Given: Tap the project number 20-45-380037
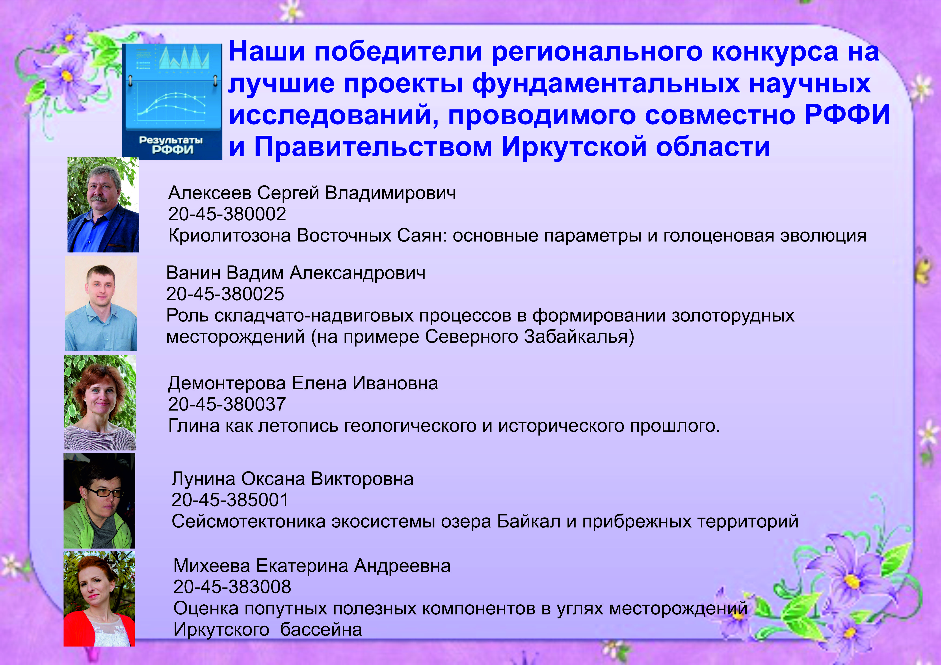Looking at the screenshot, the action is point(227,404).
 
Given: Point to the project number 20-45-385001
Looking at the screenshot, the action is point(230,500).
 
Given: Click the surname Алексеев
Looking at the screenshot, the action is point(210,193).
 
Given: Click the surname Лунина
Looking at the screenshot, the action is point(203,479).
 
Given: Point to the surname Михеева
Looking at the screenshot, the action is point(212,566).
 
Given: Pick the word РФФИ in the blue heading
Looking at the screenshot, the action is point(848,115).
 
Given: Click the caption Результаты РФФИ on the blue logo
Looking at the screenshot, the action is point(171,145).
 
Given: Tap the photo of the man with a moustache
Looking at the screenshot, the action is point(103,205).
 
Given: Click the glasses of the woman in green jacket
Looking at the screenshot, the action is point(105,492).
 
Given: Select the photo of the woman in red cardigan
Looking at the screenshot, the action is point(100,599).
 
